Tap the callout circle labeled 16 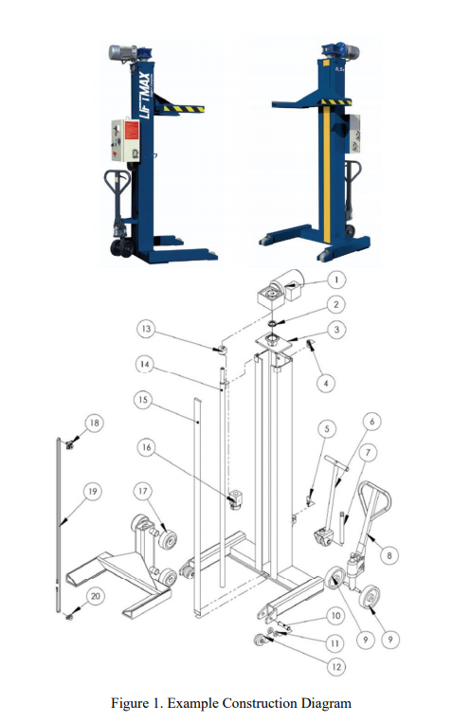click(145, 445)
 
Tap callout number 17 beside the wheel click(143, 491)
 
